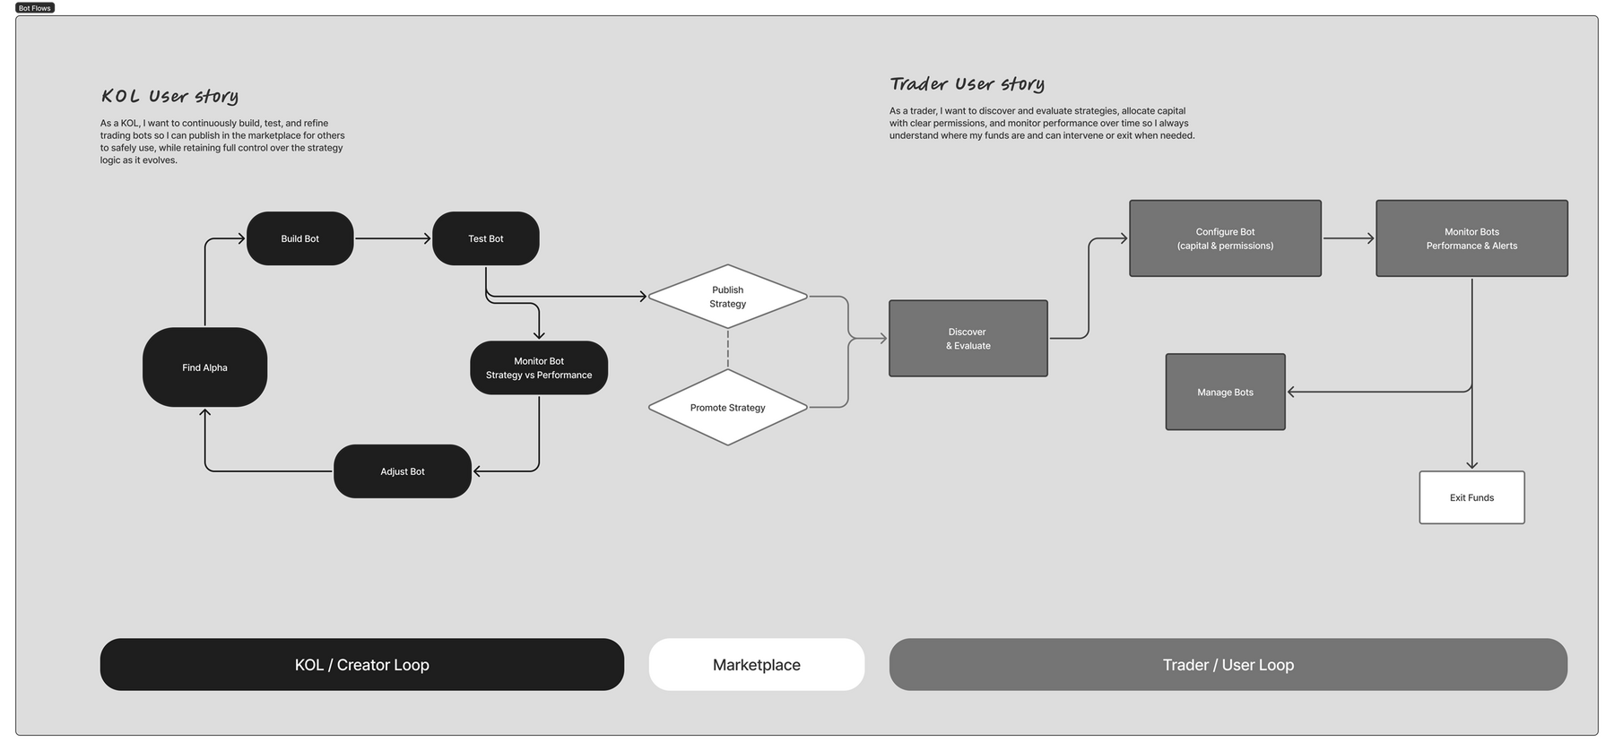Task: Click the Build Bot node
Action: [x=299, y=238]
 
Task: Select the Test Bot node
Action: [x=485, y=238]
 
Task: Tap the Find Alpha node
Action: [x=204, y=367]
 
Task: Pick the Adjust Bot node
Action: [x=402, y=471]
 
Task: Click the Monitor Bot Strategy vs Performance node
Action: [x=539, y=367]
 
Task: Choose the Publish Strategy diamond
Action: [x=727, y=297]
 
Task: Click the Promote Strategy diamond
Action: [x=727, y=408]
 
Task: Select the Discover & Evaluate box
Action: [x=968, y=339]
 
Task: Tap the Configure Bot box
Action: [x=1225, y=238]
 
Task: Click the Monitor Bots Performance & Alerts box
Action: [x=1471, y=238]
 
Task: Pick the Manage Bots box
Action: [x=1225, y=392]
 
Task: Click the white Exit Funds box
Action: [x=1471, y=497]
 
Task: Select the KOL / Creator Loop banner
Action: [x=361, y=665]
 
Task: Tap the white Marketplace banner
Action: [x=756, y=665]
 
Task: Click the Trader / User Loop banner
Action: [x=1228, y=665]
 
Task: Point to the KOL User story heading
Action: [x=169, y=96]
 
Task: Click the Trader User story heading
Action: [x=967, y=84]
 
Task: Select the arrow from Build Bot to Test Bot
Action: [x=393, y=238]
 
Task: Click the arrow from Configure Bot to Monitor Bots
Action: [x=1348, y=238]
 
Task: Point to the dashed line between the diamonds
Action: [x=727, y=350]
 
